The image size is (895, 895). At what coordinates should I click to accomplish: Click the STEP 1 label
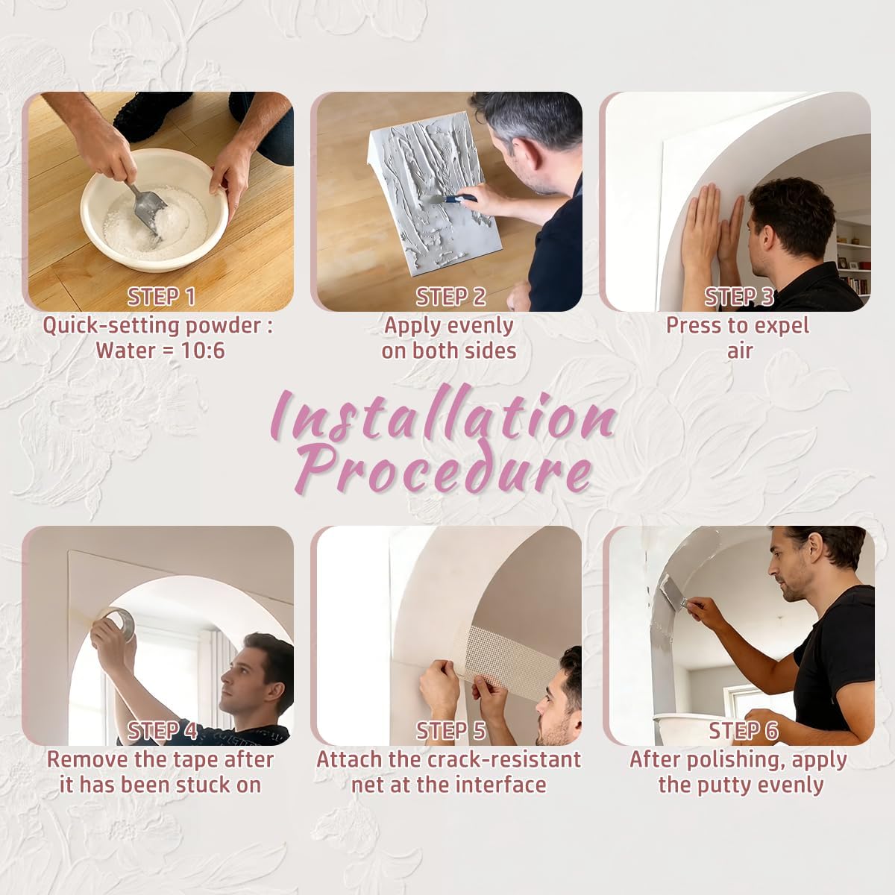click(x=161, y=297)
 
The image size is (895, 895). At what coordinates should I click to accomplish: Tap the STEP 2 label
click(x=450, y=297)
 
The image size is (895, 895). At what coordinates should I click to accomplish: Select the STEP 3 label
click(x=738, y=297)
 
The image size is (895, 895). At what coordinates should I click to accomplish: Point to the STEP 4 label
click(x=162, y=731)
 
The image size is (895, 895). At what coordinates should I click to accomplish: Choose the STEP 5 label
click(x=450, y=731)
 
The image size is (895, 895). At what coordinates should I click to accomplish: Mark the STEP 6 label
click(x=743, y=731)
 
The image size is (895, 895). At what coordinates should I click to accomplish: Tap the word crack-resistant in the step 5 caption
click(x=503, y=760)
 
